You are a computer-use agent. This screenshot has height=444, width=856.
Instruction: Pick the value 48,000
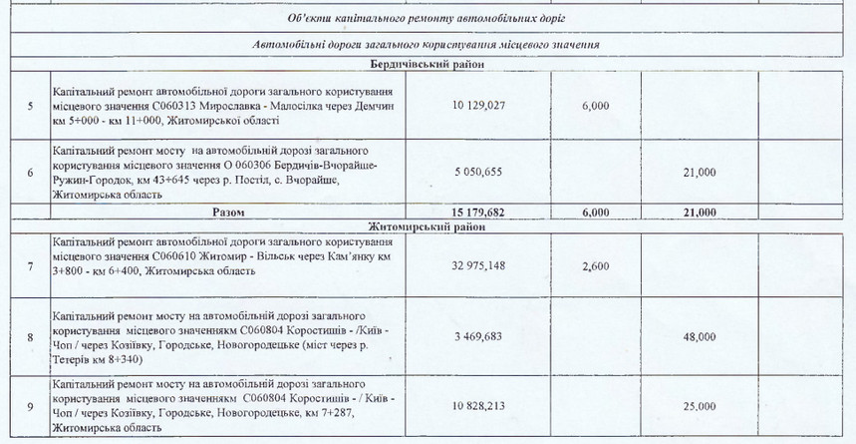coord(698,339)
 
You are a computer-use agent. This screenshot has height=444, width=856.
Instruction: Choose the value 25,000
coord(698,407)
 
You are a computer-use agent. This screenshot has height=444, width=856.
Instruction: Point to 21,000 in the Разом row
coord(698,213)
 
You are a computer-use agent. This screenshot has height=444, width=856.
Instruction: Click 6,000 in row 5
coord(591,105)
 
